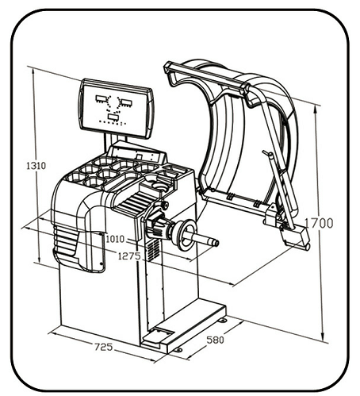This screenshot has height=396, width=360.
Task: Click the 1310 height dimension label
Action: (36, 166)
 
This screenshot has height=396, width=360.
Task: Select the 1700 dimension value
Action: (319, 223)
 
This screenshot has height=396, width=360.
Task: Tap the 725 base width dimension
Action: (104, 347)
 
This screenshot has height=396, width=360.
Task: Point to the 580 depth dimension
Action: (215, 340)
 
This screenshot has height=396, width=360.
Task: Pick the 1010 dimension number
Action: (115, 239)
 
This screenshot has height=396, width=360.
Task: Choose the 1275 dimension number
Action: (129, 256)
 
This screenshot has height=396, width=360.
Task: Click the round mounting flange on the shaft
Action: (186, 235)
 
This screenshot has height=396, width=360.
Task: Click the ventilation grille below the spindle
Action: (153, 250)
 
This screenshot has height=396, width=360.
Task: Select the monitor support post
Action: (116, 140)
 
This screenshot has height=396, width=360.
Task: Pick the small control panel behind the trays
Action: (137, 153)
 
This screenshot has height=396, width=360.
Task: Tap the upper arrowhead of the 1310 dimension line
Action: (33, 70)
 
